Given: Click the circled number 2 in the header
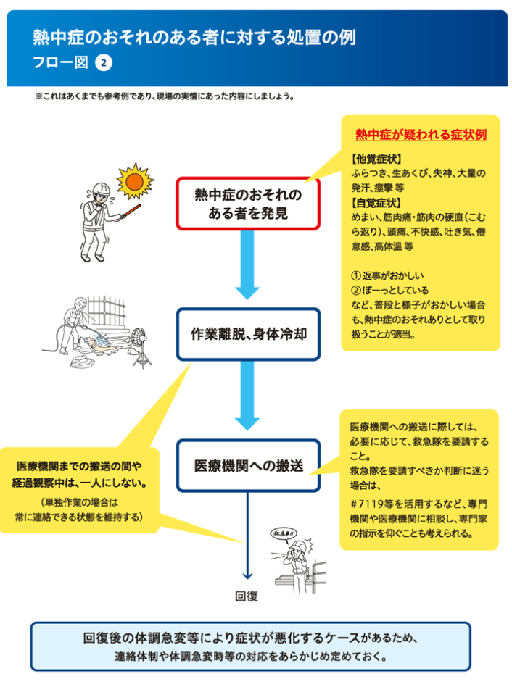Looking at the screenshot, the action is click(104, 62).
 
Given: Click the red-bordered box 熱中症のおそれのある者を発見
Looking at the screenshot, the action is click(248, 204).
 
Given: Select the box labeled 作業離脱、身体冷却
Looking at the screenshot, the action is click(248, 334).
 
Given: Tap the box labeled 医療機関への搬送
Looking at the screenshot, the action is click(248, 465).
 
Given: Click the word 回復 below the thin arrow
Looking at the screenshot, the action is click(247, 596).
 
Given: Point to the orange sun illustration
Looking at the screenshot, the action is click(135, 181).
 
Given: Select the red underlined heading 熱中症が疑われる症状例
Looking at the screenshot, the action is click(421, 135).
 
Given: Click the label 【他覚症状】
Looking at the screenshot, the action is click(376, 159).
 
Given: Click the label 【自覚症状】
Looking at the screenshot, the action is click(376, 203).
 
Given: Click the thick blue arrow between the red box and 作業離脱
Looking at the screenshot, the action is click(247, 265).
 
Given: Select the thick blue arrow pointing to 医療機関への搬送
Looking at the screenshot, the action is click(247, 396).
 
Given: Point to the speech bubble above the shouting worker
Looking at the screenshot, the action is click(284, 533).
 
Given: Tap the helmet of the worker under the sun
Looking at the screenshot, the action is click(102, 188).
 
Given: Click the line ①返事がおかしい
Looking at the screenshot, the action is click(387, 275).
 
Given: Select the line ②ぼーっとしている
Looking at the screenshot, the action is click(389, 290).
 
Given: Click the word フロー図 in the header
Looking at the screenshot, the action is click(60, 62).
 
